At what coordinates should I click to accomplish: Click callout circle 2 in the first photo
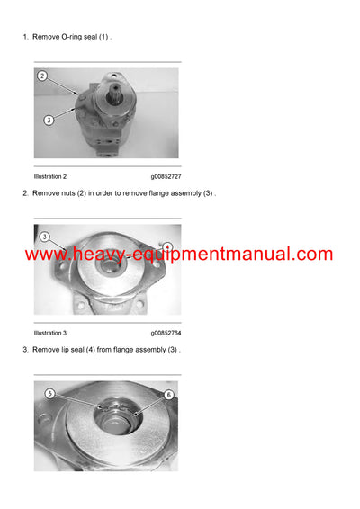coord(42,76)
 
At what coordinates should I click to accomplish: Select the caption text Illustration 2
coord(50,176)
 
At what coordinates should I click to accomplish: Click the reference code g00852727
coord(172,176)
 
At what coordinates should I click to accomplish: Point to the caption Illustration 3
coord(50,333)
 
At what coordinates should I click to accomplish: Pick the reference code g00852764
coord(172,333)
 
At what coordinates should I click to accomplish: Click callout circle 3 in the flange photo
coord(44,237)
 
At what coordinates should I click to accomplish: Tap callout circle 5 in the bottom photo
coord(51,393)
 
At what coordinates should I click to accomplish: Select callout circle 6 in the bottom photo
coord(167,394)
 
